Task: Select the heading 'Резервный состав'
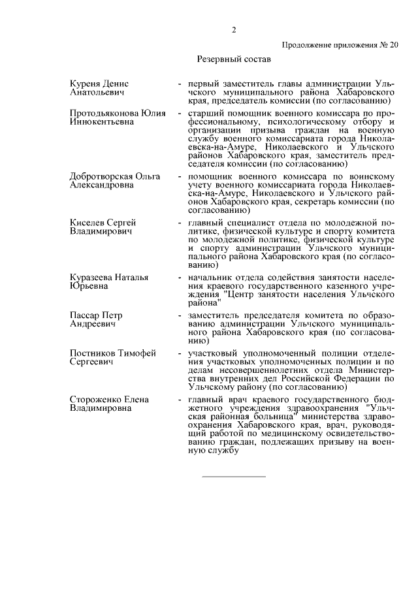point(233,59)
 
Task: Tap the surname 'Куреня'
point(87,84)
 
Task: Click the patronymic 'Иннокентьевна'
point(102,121)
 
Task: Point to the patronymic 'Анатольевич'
point(97,92)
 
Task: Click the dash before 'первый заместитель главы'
point(180,84)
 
